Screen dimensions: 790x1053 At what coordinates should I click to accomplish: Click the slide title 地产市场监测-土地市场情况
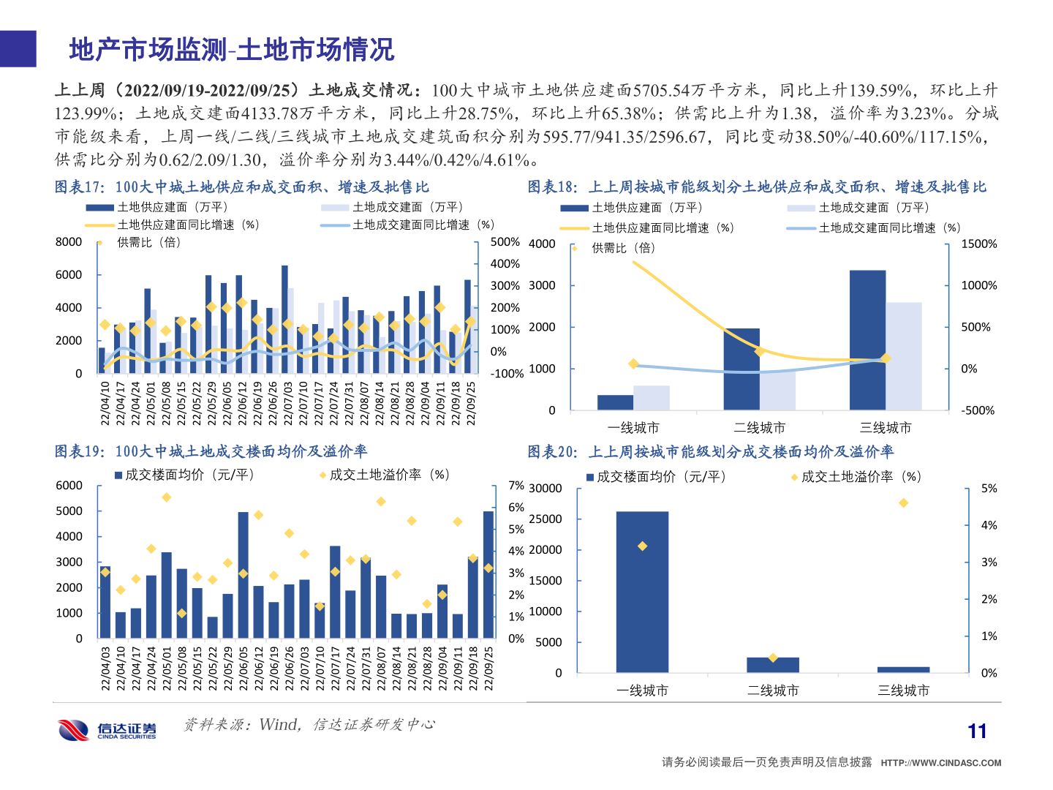[231, 50]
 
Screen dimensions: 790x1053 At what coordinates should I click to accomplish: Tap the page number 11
[977, 731]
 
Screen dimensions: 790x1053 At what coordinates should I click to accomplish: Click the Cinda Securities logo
[107, 729]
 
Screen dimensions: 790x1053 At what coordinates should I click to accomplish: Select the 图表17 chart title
[241, 187]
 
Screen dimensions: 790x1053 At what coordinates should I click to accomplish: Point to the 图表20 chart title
[710, 452]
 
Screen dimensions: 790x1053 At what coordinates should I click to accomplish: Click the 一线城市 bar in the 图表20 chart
[642, 592]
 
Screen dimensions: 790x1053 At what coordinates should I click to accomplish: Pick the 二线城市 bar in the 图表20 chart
[772, 665]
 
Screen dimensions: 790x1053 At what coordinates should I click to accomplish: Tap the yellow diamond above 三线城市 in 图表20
[903, 503]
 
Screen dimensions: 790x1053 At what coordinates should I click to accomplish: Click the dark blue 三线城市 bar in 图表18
[867, 340]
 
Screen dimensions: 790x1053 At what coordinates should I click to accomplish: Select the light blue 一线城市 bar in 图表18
[651, 398]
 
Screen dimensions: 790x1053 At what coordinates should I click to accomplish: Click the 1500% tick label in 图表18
[978, 244]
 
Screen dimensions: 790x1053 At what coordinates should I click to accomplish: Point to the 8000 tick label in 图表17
[69, 242]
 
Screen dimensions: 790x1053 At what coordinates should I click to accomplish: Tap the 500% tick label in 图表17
[505, 242]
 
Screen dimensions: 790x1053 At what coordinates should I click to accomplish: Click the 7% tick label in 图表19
[516, 486]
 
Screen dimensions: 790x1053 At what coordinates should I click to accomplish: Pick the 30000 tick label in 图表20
[546, 489]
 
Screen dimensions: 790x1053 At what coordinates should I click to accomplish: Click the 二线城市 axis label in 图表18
[759, 428]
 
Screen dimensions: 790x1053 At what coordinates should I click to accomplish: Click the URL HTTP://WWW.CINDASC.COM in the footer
[940, 763]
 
